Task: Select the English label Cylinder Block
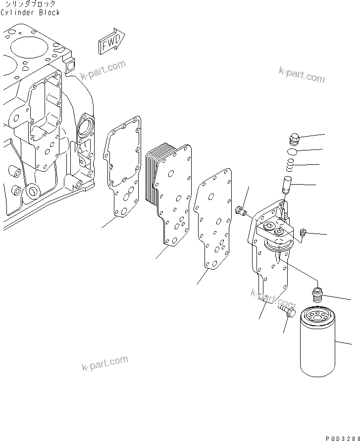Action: point(30,12)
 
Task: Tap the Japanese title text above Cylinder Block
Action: point(30,4)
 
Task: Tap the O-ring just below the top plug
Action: point(293,151)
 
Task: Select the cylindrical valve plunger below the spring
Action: point(289,185)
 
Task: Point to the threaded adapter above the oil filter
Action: point(317,294)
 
